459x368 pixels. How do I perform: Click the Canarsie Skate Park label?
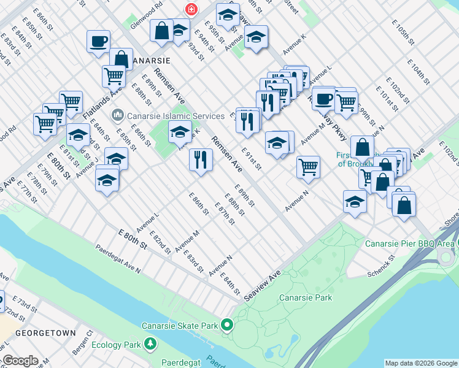(x=180, y=325)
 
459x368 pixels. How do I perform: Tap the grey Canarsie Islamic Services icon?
(x=117, y=115)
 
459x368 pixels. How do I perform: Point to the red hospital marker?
(x=192, y=9)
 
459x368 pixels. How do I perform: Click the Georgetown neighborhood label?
(x=45, y=333)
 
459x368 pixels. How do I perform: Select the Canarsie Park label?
(x=305, y=297)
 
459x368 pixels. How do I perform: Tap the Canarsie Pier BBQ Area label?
(x=409, y=243)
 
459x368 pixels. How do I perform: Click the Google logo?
(x=21, y=361)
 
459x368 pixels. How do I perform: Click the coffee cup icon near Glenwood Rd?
(x=99, y=42)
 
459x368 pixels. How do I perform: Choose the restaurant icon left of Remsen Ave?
(x=201, y=160)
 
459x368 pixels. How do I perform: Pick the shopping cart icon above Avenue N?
(x=308, y=167)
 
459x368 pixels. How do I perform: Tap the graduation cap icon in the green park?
(x=180, y=132)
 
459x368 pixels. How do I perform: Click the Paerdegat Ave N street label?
(x=118, y=259)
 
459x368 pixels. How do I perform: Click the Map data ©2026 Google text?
(x=421, y=363)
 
